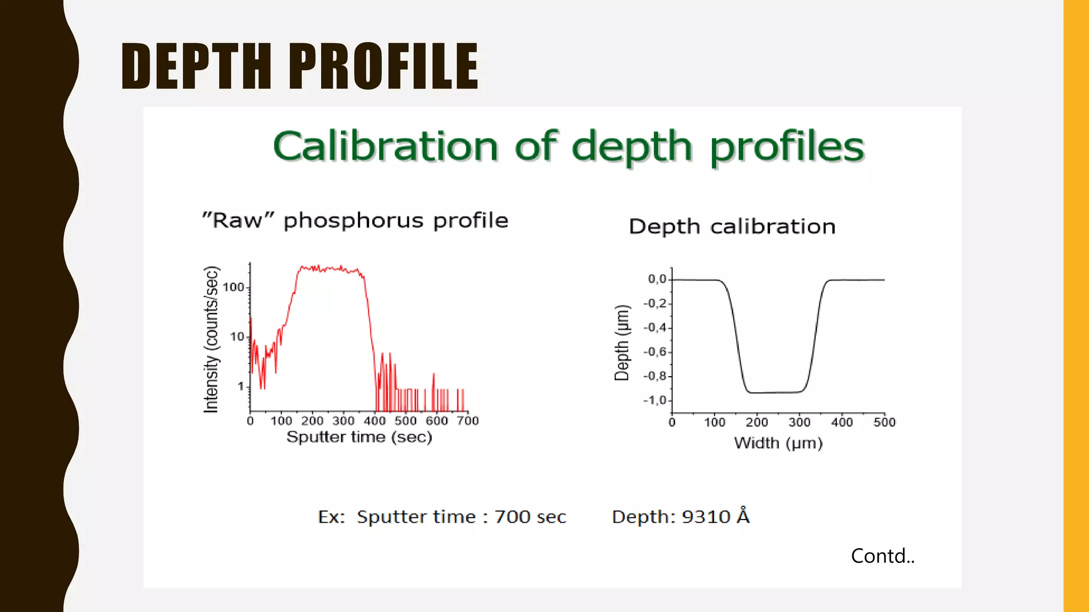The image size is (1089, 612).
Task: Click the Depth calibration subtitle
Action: click(732, 227)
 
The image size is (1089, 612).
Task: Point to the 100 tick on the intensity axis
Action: click(233, 287)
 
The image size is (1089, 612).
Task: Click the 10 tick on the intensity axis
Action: click(237, 337)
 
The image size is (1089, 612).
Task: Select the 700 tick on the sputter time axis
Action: click(468, 421)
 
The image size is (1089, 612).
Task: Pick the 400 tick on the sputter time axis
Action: click(374, 421)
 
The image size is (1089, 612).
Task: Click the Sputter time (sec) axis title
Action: click(359, 437)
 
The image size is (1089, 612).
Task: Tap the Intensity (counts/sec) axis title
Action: click(211, 339)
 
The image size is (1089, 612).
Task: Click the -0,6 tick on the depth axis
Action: click(655, 352)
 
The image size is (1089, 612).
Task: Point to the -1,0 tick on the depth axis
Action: click(655, 401)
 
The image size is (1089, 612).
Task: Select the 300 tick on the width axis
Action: click(799, 423)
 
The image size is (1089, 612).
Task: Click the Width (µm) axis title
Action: click(778, 443)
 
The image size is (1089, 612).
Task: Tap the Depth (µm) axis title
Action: click(622, 343)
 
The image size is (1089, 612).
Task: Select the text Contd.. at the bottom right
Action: click(883, 556)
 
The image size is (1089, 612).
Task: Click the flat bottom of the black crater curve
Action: click(775, 393)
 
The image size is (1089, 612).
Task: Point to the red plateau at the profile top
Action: click(330, 269)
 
